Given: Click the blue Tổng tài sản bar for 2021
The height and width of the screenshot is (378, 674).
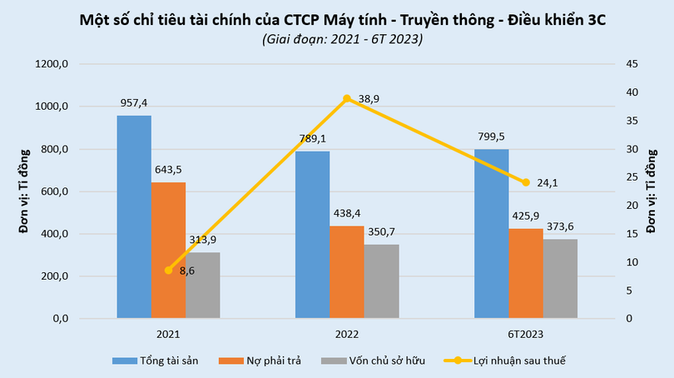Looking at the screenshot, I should [x=134, y=216].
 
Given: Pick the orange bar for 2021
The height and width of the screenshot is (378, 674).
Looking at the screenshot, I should [x=169, y=250].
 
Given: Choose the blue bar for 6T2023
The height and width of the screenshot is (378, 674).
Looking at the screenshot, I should [x=491, y=234].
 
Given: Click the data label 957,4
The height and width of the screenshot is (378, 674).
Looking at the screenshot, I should [x=134, y=103].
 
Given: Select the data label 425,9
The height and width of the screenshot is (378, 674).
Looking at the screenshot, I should [x=526, y=215].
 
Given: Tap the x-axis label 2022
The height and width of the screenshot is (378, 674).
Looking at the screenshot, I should [x=346, y=333].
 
